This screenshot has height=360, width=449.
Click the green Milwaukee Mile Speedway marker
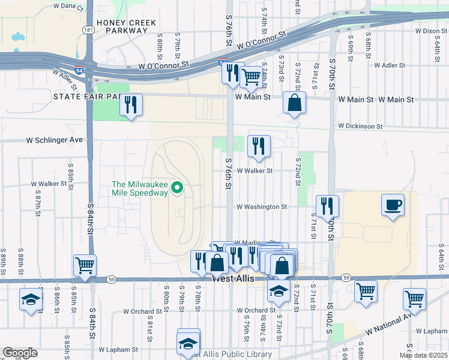(177, 188)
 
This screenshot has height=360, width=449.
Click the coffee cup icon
(393, 205)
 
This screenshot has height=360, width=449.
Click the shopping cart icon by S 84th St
(85, 265)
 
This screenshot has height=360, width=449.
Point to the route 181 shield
(89, 29)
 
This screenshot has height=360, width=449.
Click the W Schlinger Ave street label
(54, 140)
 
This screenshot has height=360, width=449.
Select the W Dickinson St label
(360, 127)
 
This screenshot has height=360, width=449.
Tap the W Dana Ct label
(68, 6)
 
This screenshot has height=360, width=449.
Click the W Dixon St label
(431, 30)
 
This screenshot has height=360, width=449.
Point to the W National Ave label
(390, 323)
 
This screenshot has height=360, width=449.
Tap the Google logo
(20, 353)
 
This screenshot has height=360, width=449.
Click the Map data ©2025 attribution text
(423, 355)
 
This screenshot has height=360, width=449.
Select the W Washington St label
(262, 206)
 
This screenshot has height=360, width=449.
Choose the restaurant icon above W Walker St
(259, 146)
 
